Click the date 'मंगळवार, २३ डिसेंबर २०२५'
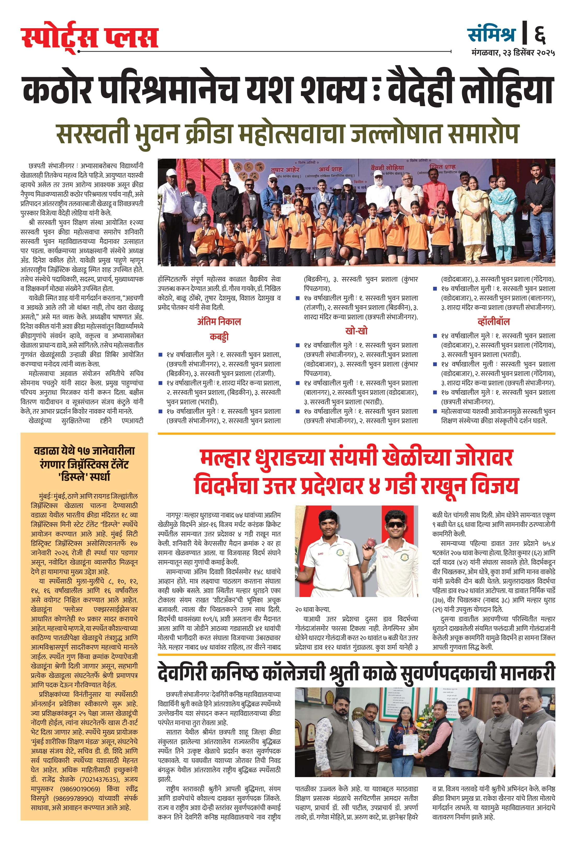[x=513, y=53]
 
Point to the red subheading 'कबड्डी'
[x=219, y=337]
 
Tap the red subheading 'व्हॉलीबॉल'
[x=494, y=321]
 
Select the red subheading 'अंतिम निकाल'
[x=219, y=321]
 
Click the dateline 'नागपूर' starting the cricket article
[x=173, y=515]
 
